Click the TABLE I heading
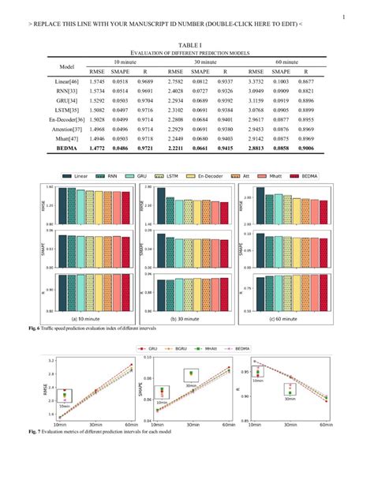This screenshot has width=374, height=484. tap(186, 46)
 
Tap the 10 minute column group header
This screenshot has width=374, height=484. tap(125, 61)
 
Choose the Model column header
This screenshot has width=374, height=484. tap(67, 66)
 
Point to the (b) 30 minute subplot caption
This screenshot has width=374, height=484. tap(187, 319)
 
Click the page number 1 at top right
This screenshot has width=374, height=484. tap(344, 17)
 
